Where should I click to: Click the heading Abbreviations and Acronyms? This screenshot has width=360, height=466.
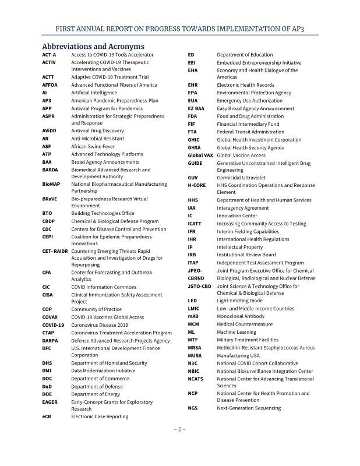[x=93, y=46]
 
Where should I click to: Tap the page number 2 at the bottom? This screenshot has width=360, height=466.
[x=180, y=429]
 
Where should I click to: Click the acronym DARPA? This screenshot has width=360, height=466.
[x=51, y=340]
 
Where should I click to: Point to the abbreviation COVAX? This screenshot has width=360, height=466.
[x=51, y=316]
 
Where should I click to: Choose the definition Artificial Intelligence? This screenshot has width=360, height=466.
[x=94, y=93]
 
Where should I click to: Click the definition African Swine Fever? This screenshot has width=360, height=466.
[x=93, y=146]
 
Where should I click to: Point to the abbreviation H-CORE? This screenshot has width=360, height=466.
[x=197, y=185]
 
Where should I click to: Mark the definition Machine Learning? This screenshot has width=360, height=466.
[x=238, y=332]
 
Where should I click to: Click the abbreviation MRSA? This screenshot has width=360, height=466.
[x=195, y=347]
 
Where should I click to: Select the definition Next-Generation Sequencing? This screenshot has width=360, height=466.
[x=248, y=408]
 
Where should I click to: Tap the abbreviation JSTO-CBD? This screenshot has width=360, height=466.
[x=200, y=286]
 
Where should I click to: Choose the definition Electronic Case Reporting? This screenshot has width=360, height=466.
[x=100, y=416]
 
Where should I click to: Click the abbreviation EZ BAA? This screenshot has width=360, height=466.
[x=196, y=108]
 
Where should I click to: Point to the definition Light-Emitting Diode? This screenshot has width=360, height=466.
[x=240, y=301]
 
